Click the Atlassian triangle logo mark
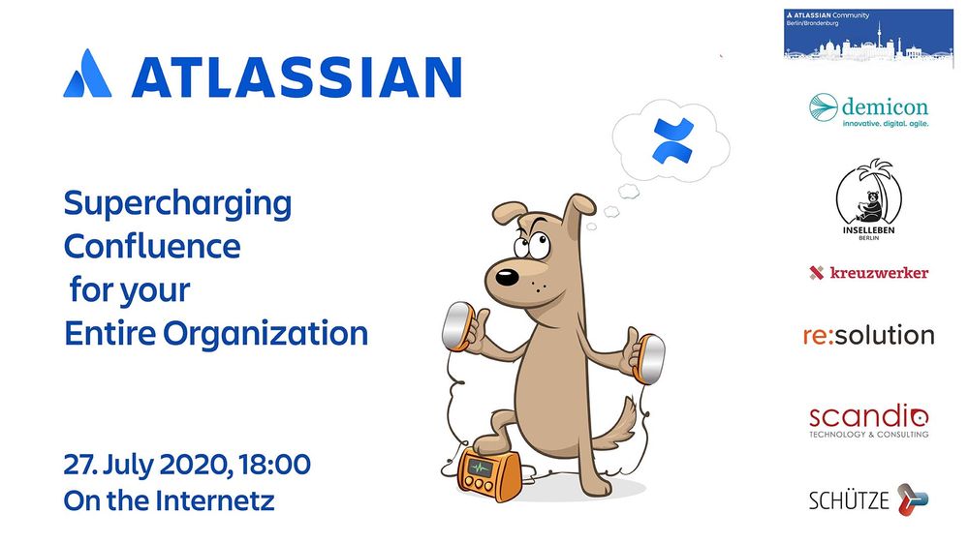coord(86,75)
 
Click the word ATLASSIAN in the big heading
coord(296,76)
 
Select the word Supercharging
coord(177,205)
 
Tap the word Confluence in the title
coord(152,247)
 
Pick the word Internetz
coord(213,501)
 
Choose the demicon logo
coord(868,111)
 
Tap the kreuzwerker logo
coord(868,273)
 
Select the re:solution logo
coord(868,336)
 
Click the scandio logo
coord(868,420)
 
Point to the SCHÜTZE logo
coord(868,500)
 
